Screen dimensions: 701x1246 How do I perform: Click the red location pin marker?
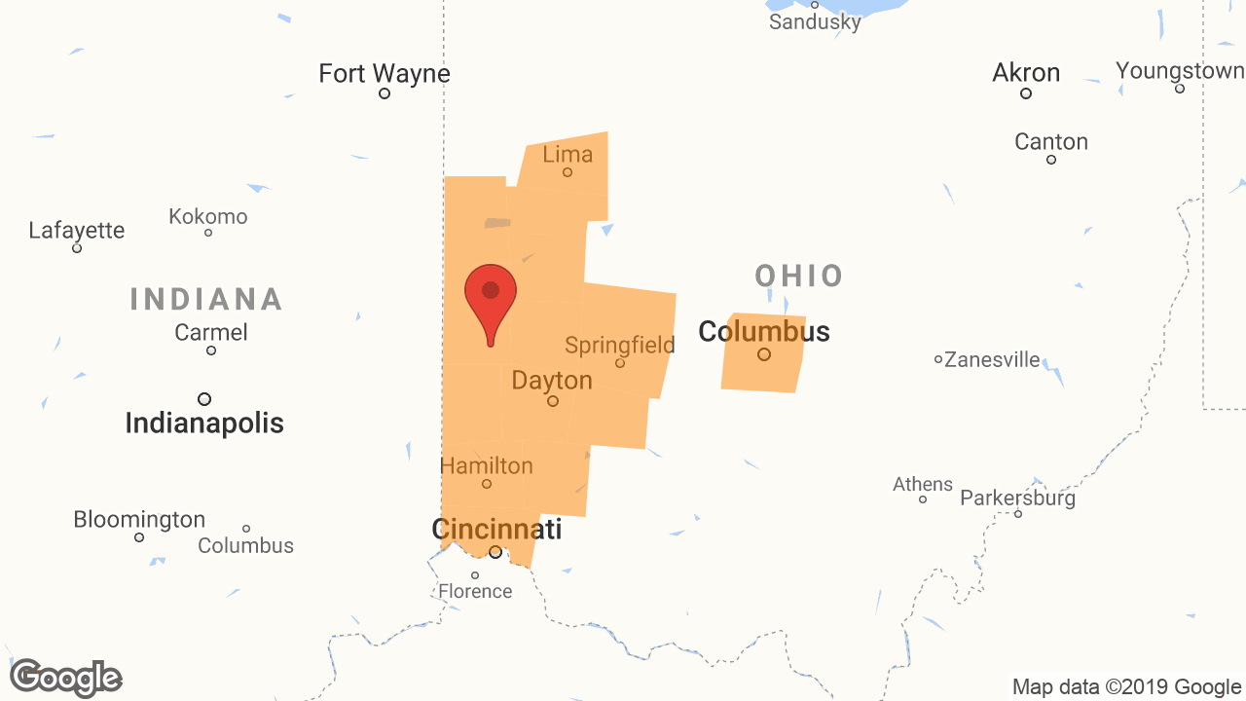(490, 298)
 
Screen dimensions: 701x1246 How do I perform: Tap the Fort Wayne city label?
(385, 73)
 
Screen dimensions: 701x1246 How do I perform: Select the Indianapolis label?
(204, 424)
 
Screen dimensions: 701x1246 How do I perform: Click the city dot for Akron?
(1026, 93)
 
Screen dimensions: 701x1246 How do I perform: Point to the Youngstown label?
(1180, 71)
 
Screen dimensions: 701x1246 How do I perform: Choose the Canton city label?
(1051, 142)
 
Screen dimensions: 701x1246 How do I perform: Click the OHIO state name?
(799, 276)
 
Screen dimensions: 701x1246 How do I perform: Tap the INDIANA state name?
(206, 299)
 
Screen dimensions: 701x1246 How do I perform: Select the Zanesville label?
(992, 360)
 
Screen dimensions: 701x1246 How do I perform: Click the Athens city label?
(923, 484)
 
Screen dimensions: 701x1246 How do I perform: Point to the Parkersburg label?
(1017, 498)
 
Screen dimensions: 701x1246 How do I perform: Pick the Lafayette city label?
(77, 231)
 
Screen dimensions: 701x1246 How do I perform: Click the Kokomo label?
(208, 216)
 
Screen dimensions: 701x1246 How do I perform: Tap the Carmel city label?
(211, 333)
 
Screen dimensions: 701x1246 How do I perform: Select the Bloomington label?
(139, 520)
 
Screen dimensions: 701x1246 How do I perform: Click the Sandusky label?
(815, 21)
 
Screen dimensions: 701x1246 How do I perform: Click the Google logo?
(65, 678)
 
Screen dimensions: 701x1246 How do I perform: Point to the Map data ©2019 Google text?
(1126, 687)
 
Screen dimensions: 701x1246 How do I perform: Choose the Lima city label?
(568, 154)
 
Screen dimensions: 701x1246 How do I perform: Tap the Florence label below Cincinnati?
(475, 591)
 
